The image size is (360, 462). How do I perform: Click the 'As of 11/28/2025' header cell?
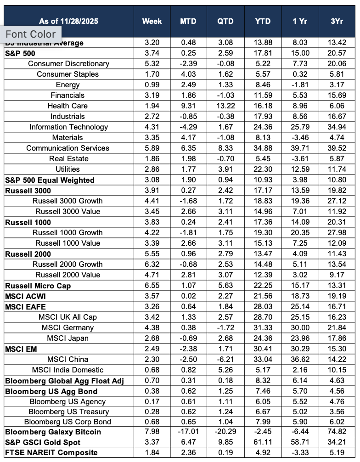point(68,21)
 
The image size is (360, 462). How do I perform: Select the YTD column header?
point(263,21)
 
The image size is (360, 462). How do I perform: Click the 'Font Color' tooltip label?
point(30,34)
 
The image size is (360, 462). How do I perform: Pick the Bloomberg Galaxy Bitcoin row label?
point(53,432)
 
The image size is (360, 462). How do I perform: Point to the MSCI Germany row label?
point(67,328)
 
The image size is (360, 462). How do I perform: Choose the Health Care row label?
point(67,106)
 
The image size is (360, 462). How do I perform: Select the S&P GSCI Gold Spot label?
point(43,442)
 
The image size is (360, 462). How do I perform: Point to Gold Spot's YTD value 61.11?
point(263,442)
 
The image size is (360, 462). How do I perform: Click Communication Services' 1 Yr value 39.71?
point(301,148)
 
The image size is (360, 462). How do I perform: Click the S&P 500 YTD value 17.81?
point(263,53)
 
